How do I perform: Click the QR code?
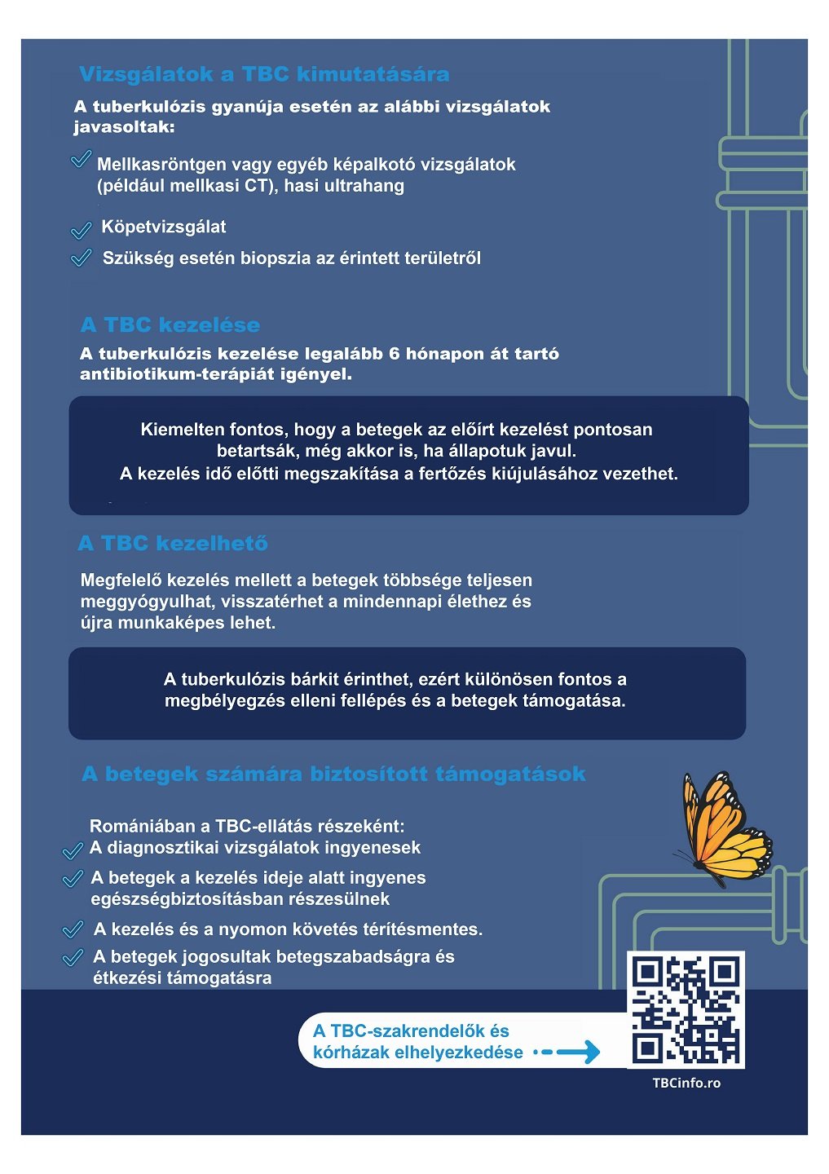[686, 1008]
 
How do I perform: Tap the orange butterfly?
[723, 828]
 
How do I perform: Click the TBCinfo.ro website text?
[686, 1083]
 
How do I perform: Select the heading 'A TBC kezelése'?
[170, 324]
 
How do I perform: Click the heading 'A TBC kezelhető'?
[173, 543]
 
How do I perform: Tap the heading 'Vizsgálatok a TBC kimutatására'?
[264, 74]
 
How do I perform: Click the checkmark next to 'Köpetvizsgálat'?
[82, 231]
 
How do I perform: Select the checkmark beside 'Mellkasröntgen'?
[81, 159]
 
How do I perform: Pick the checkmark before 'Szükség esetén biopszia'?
[82, 258]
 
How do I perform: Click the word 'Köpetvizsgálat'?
[163, 227]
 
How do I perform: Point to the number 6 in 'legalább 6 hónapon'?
[395, 354]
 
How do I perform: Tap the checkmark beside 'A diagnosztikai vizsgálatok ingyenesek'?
[73, 851]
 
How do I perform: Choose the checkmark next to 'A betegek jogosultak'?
[73, 957]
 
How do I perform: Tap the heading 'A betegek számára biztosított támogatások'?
[333, 774]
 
